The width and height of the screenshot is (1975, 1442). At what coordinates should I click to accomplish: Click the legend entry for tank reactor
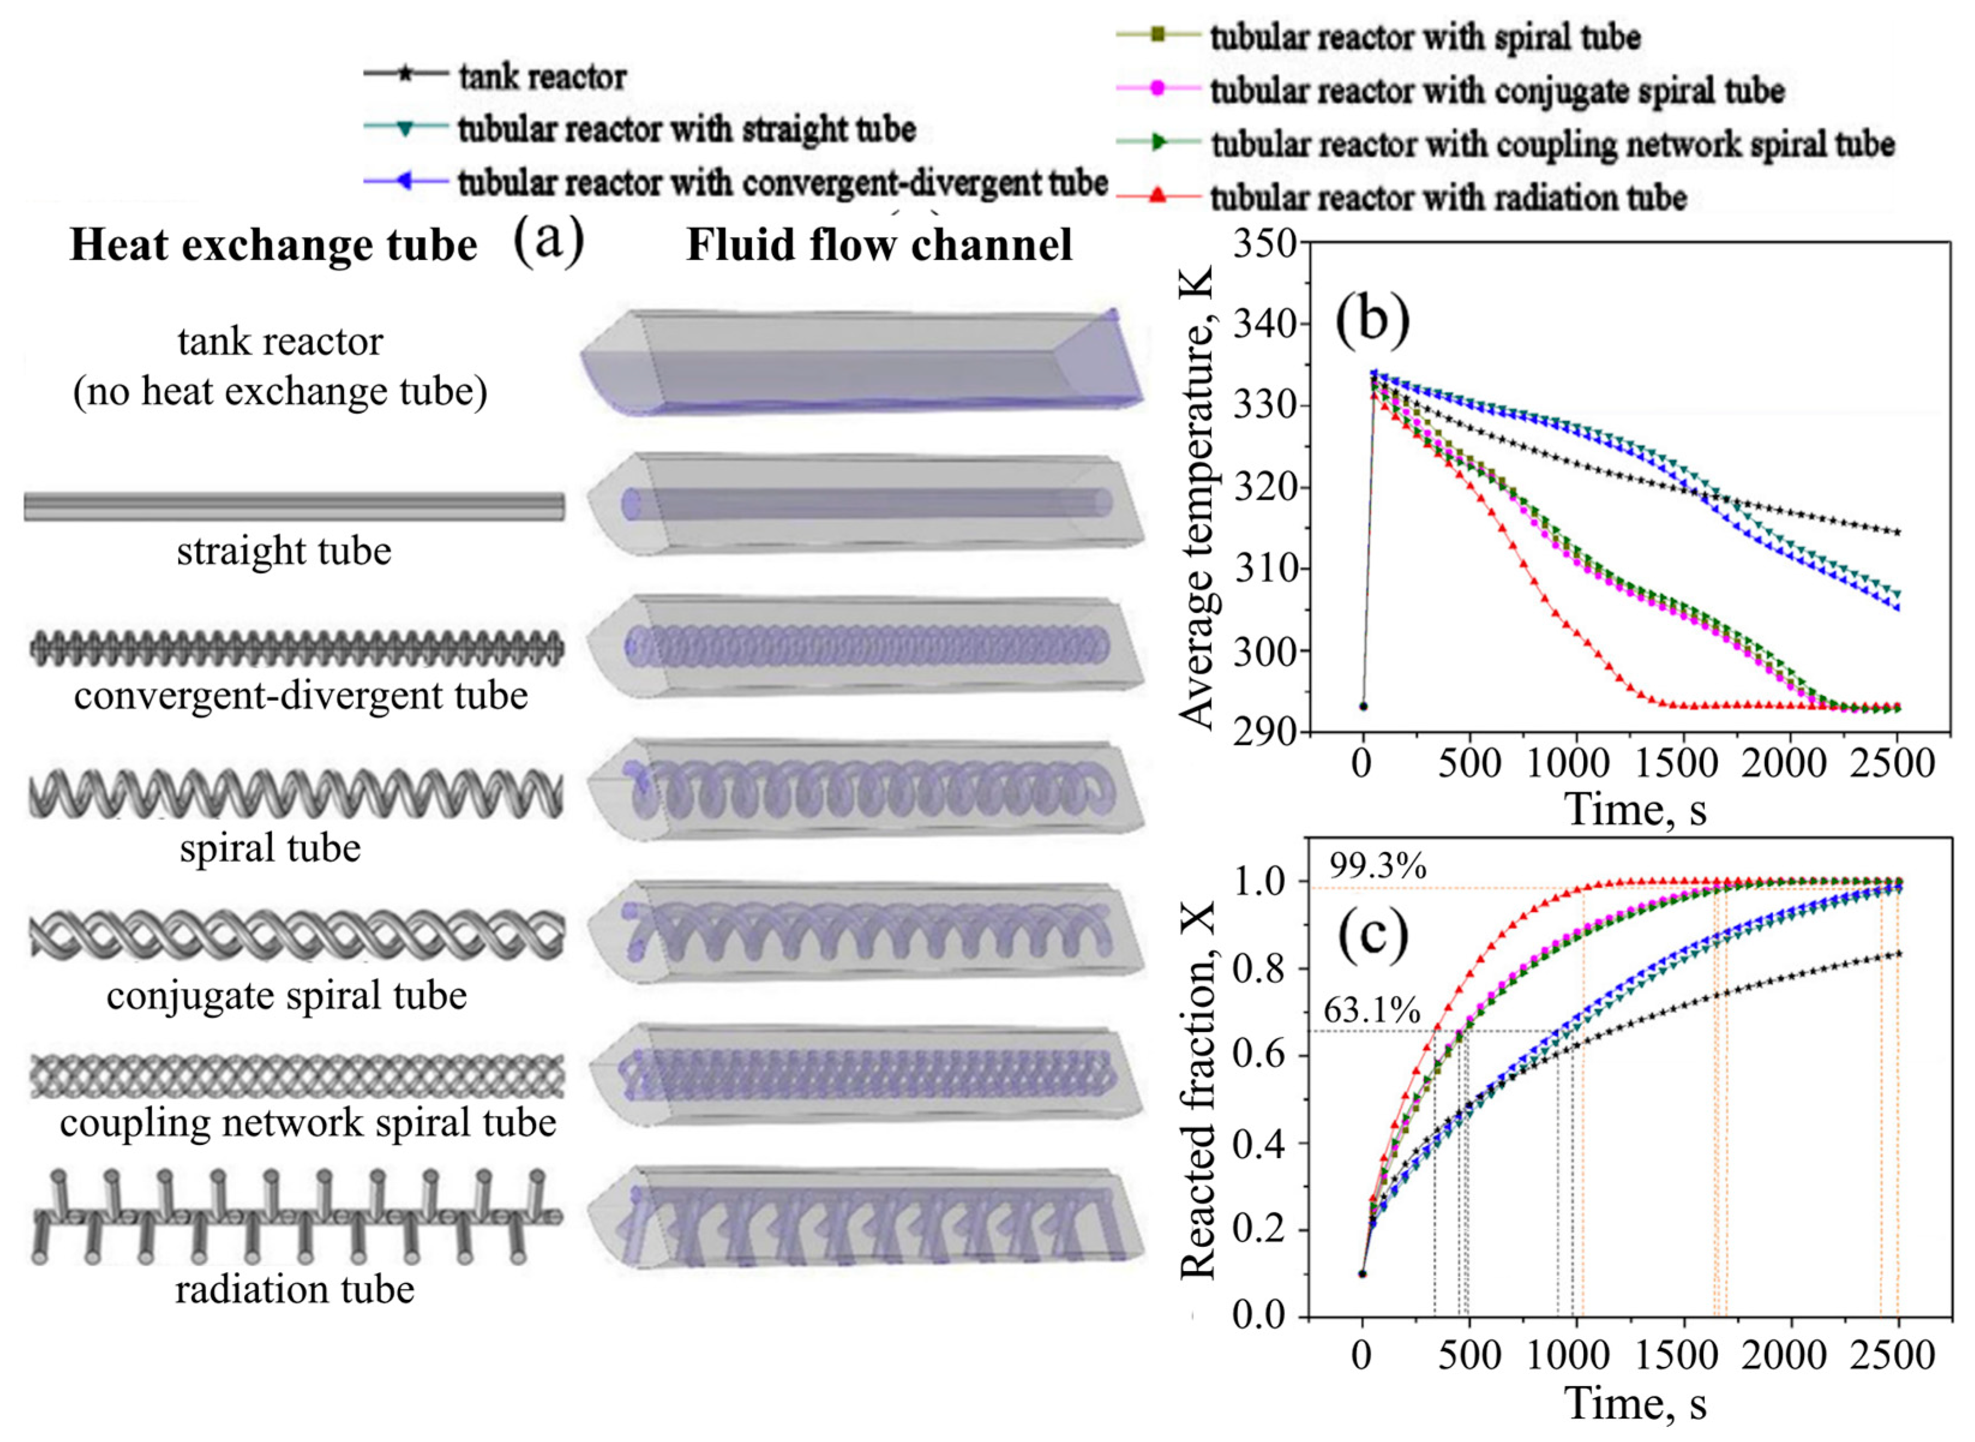click(x=541, y=77)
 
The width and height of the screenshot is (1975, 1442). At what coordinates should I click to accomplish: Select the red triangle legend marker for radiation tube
click(x=1157, y=196)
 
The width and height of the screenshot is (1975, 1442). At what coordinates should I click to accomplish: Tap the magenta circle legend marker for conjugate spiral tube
click(x=1157, y=89)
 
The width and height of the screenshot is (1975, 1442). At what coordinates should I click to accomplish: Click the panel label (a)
click(x=548, y=240)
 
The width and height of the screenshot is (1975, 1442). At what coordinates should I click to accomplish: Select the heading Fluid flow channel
click(x=879, y=244)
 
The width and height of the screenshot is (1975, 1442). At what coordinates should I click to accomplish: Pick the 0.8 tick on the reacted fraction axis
click(x=1263, y=969)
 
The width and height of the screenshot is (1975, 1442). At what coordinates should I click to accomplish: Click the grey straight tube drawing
click(x=293, y=506)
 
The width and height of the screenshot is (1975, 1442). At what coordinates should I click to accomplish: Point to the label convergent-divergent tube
click(x=301, y=695)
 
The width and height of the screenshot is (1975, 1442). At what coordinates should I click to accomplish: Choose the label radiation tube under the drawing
click(x=295, y=1289)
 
